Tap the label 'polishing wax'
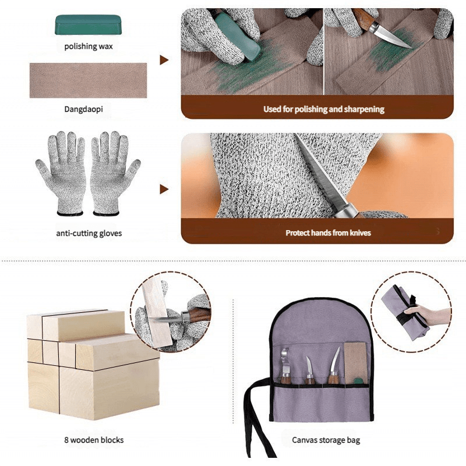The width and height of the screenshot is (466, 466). coord(89,46)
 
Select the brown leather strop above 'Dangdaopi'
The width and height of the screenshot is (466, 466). coord(88,80)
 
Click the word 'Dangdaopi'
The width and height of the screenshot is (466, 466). coord(88,108)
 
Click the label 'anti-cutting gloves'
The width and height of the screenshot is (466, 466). coord(89,234)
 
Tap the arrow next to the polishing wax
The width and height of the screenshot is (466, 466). coord(164,60)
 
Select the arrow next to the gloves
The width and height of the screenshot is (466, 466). coord(164,189)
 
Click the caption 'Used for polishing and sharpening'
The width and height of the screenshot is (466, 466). coord(324,109)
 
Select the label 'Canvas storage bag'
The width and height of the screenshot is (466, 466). coord(326,440)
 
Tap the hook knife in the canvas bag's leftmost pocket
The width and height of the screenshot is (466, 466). coord(285,364)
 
